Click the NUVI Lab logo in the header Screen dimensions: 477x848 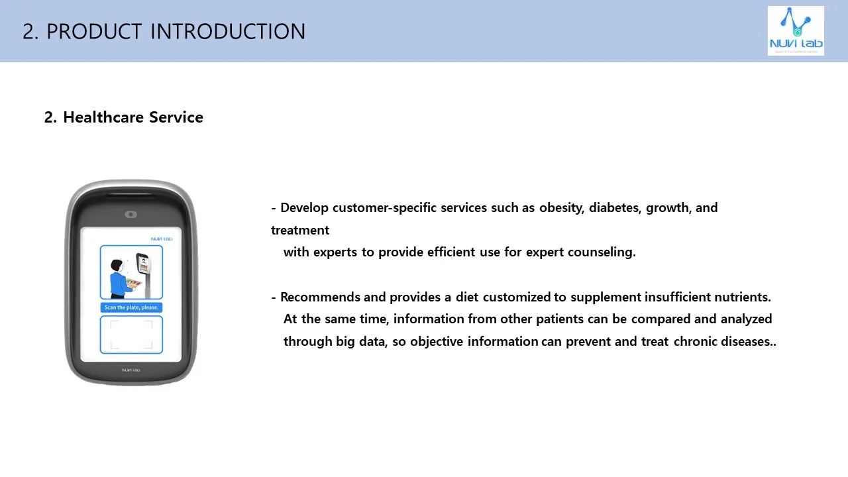point(796,30)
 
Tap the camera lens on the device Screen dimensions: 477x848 point(131,214)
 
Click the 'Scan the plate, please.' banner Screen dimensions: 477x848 point(131,307)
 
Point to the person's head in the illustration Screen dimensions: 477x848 point(117,264)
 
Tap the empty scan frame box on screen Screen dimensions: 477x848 point(131,335)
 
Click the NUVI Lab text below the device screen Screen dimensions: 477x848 point(131,370)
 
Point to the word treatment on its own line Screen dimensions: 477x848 point(300,231)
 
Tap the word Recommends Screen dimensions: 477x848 point(320,297)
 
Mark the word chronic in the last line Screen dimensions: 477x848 point(695,342)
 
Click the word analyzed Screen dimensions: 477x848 point(746,319)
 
